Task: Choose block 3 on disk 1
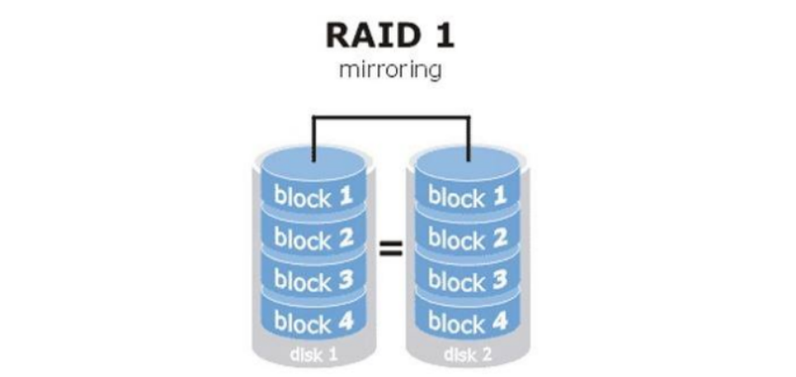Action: coord(313,279)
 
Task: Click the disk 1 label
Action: coord(312,355)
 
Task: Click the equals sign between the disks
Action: coord(391,249)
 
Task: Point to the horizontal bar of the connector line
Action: coord(391,117)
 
